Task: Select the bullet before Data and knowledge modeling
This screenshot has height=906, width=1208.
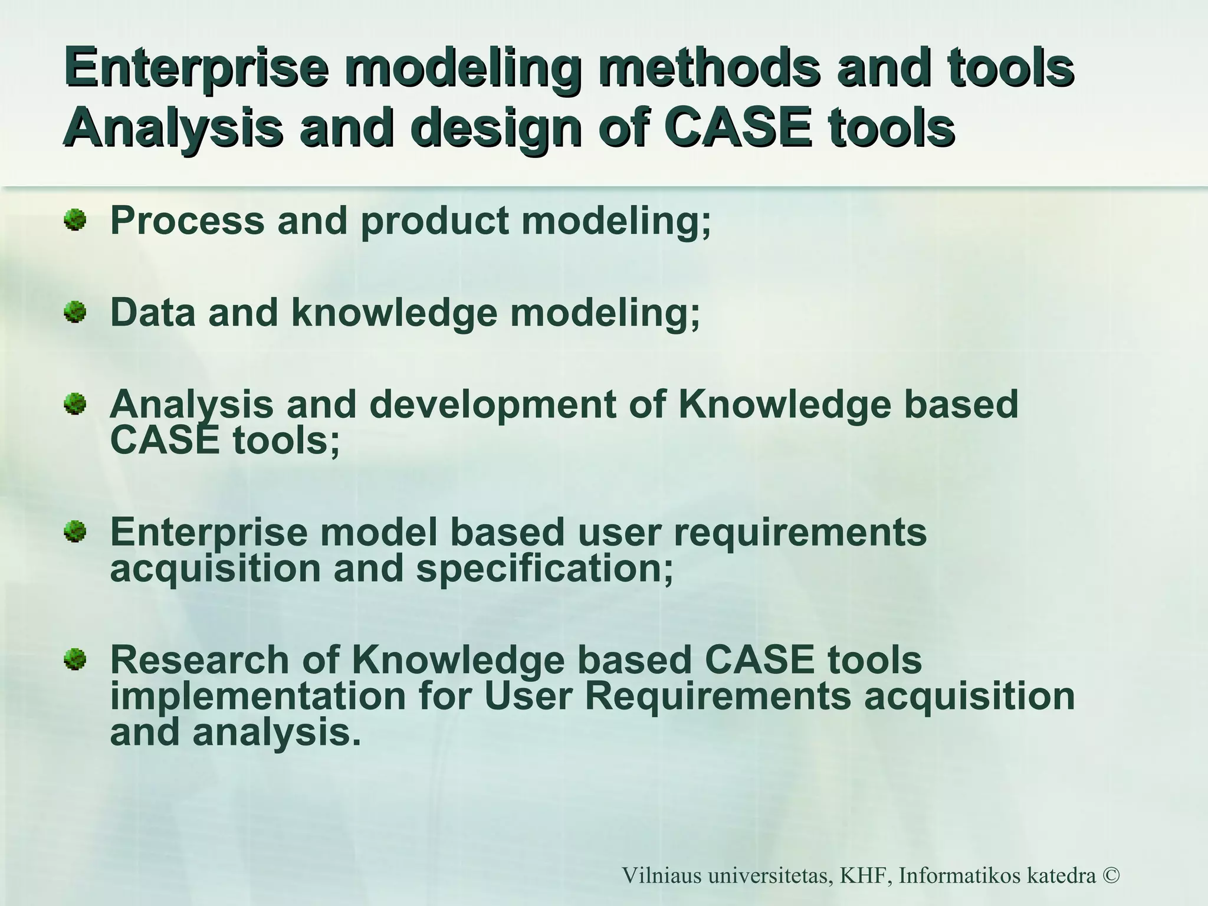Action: [x=75, y=312]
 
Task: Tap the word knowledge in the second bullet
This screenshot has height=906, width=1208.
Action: [x=394, y=313]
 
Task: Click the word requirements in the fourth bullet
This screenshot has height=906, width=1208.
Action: [x=799, y=533]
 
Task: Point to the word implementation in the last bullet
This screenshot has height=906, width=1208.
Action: [x=258, y=697]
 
